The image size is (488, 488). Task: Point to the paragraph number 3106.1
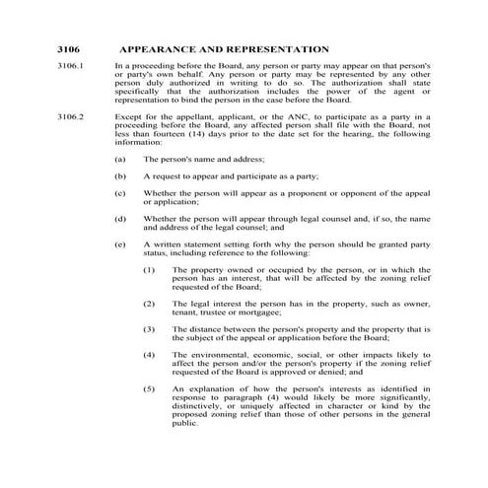coord(73,65)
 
